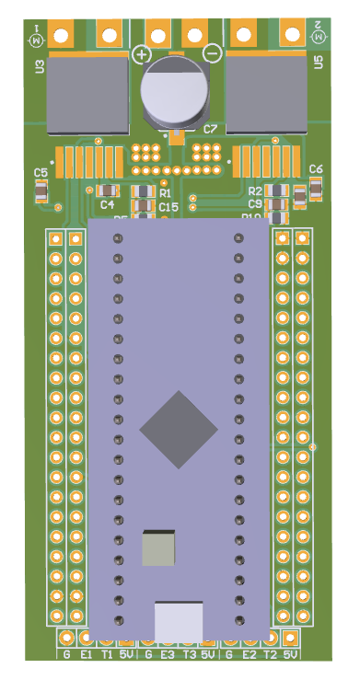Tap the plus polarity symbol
coord(143,54)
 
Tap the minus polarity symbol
coord(212,53)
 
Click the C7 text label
coord(211,130)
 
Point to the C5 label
coord(41,173)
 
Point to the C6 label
coord(316,169)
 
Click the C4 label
coord(108,204)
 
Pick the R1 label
coord(166,193)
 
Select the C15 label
coord(168,208)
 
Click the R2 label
coord(255,190)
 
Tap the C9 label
coord(255,203)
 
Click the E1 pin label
coord(87,655)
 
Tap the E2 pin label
coord(250,655)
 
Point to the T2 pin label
coord(270,655)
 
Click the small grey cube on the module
coord(158,548)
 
